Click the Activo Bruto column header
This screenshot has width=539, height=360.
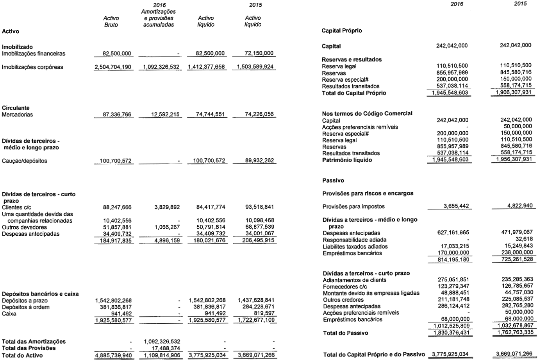(x=111, y=21)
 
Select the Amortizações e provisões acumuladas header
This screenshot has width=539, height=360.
(x=158, y=18)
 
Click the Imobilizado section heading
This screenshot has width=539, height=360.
(x=17, y=47)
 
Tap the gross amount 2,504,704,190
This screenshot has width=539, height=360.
(x=113, y=67)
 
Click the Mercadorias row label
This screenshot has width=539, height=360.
(x=17, y=115)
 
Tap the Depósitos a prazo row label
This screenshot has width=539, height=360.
(x=25, y=301)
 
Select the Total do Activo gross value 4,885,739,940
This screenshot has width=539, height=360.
(x=113, y=355)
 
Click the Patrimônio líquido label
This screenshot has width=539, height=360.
(x=347, y=159)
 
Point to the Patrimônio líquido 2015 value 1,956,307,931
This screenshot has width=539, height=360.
(x=513, y=159)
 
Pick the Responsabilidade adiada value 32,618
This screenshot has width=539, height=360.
(x=524, y=239)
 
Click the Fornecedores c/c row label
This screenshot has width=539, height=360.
(x=345, y=287)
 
